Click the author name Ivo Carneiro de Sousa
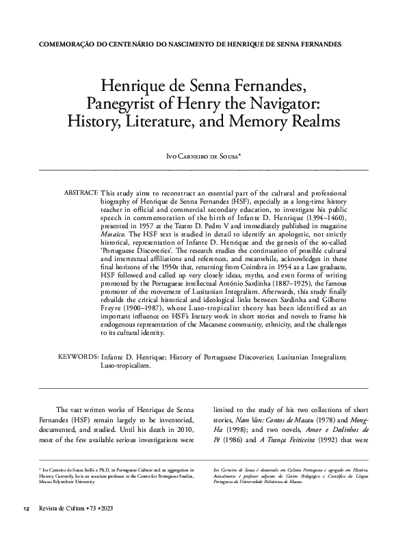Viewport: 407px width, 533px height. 204,156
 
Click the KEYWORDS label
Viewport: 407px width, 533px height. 77,357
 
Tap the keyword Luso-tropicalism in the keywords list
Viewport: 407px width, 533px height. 125,366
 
